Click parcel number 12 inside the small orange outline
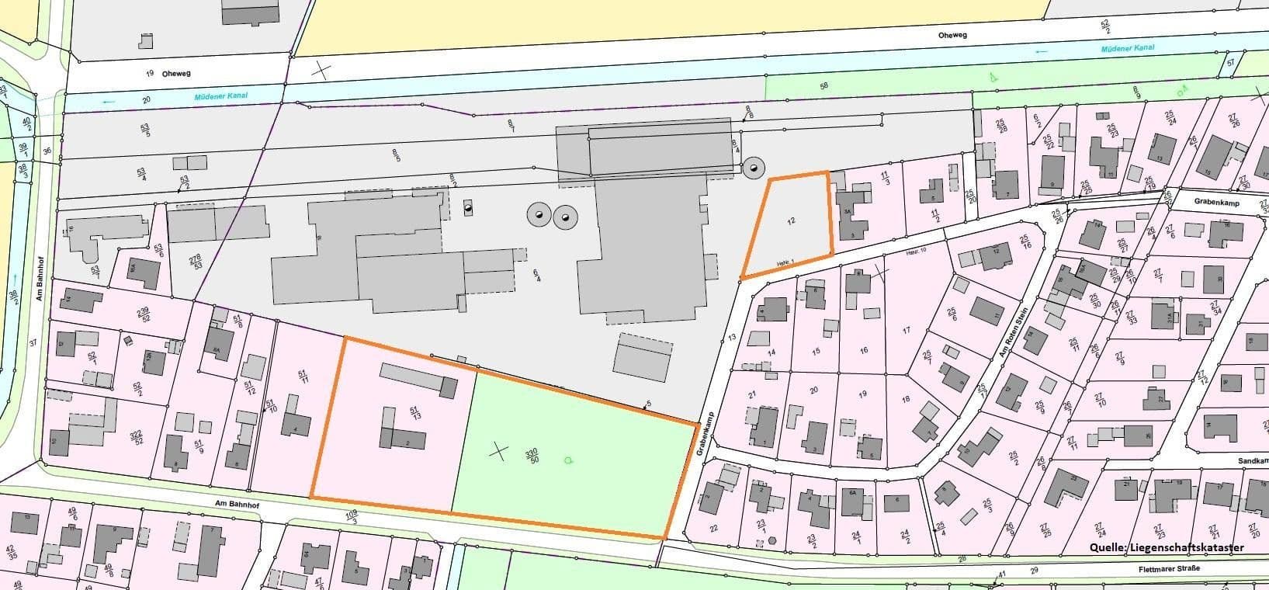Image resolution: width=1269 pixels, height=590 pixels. tap(791, 221)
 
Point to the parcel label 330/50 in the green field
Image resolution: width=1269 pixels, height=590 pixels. tap(532, 456)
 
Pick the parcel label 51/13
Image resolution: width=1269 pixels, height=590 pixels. tap(414, 413)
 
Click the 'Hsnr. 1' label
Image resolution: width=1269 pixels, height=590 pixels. tap(786, 265)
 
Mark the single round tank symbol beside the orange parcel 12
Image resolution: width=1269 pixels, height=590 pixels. tap(752, 168)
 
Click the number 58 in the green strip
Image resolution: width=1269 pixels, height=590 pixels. tap(823, 85)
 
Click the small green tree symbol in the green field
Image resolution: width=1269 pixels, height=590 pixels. tap(569, 460)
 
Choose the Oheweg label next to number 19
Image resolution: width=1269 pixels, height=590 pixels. tap(177, 74)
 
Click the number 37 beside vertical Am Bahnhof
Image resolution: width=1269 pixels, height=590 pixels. tap(33, 342)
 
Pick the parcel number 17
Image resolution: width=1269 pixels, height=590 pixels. tap(906, 331)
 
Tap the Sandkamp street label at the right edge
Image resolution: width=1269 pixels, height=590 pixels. tap(1253, 460)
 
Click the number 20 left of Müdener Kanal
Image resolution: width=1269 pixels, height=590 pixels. tap(146, 100)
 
